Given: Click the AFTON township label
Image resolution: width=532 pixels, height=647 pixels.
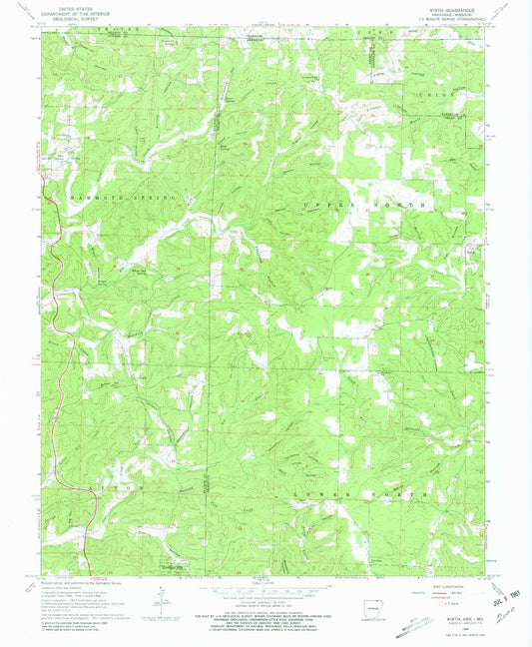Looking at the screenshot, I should [115, 486].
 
